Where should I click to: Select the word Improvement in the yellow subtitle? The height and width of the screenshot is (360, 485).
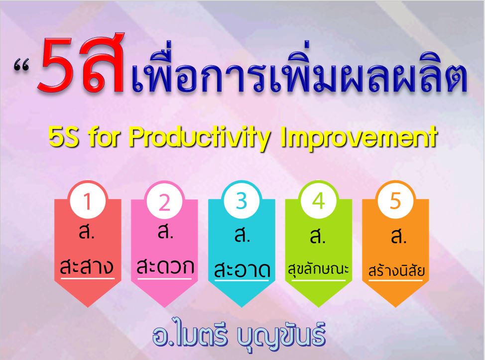click(x=359, y=137)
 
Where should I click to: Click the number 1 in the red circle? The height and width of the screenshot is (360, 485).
click(x=88, y=202)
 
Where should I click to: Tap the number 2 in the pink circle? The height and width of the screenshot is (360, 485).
click(x=164, y=202)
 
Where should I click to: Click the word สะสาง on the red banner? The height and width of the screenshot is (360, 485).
click(x=87, y=266)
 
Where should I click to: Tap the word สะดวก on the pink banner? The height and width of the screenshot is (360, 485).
click(x=165, y=266)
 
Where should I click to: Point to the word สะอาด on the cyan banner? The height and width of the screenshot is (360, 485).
click(x=242, y=269)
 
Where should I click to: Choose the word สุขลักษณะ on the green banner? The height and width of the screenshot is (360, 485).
click(x=318, y=269)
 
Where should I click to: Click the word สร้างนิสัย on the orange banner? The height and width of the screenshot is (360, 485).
click(x=396, y=270)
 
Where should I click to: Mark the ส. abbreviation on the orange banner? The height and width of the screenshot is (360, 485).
click(x=398, y=237)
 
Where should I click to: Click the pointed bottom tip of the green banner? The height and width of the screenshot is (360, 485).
click(x=318, y=307)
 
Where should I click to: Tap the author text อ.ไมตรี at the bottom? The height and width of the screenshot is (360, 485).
click(x=190, y=335)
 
